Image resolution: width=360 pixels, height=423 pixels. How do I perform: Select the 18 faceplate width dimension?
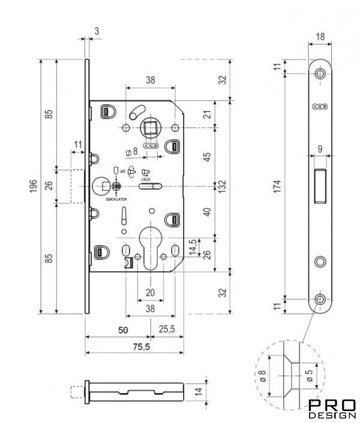[320, 37]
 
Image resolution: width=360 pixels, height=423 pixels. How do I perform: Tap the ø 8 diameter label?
[262, 376]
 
